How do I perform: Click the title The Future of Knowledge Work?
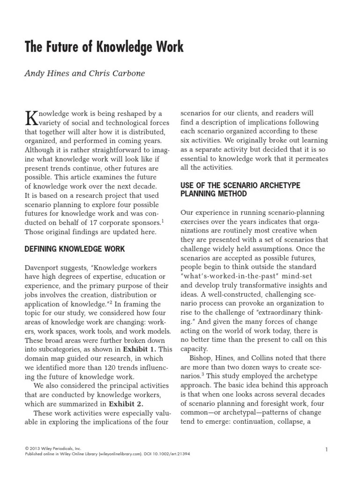[104, 47]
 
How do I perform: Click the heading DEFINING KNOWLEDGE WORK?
[75, 249]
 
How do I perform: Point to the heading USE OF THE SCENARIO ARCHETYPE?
[240, 185]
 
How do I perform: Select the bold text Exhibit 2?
[126, 404]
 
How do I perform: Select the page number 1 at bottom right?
[326, 450]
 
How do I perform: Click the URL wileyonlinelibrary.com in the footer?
[112, 454]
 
